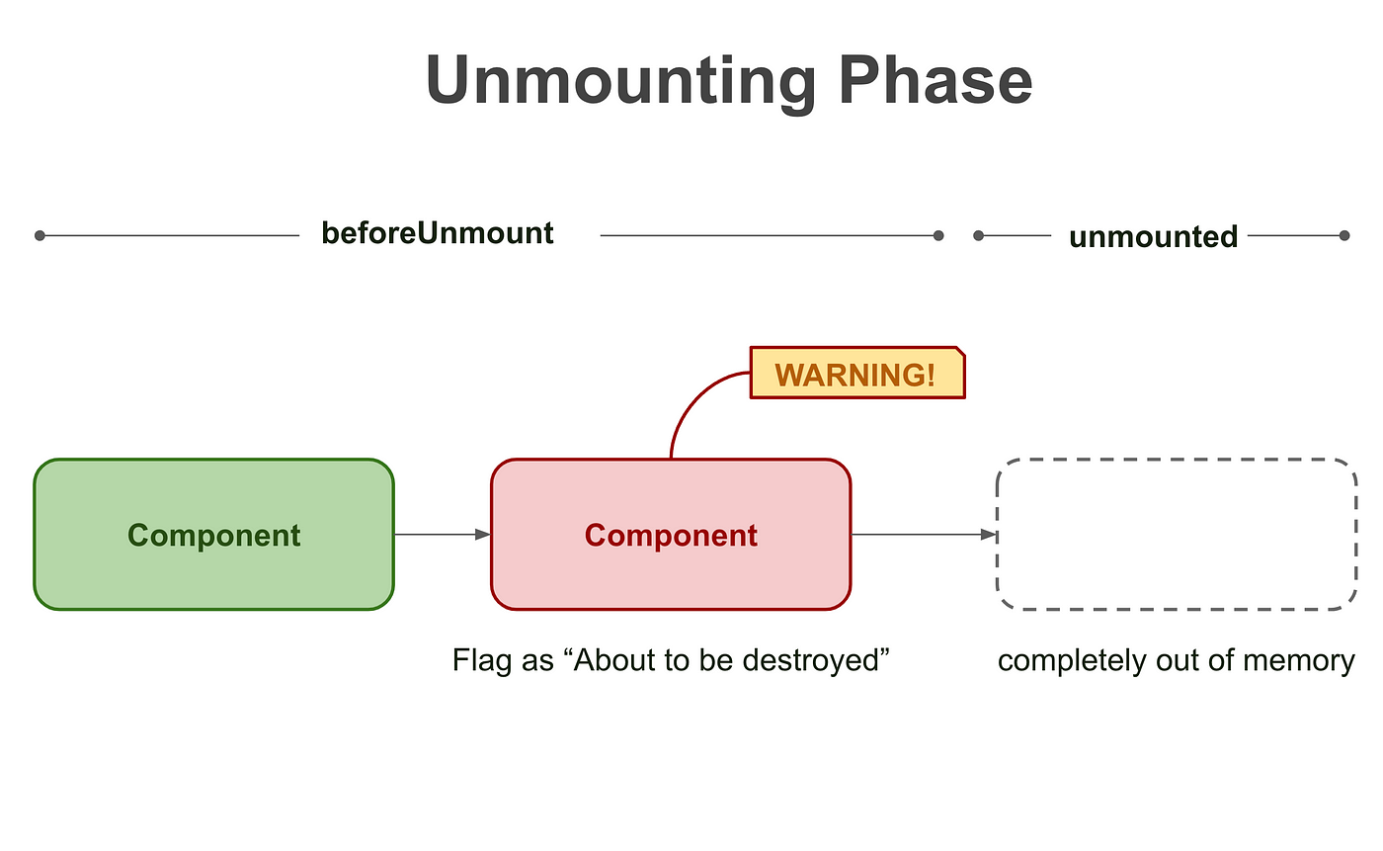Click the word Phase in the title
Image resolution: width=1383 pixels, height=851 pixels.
click(x=936, y=80)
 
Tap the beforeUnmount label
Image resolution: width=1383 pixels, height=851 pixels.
click(x=437, y=233)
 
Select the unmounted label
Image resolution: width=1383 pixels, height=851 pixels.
click(x=1154, y=236)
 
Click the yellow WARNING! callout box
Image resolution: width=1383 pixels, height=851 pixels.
click(x=857, y=373)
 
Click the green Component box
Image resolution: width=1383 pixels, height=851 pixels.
click(x=213, y=534)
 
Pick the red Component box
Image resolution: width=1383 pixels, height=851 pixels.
click(x=671, y=534)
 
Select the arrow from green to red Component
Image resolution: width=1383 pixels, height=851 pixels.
click(x=443, y=534)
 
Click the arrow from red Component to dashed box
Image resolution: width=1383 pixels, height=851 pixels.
click(x=924, y=534)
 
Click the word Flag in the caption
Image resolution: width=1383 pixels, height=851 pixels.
click(x=483, y=660)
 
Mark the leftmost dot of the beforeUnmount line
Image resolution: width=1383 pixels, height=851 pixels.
click(x=40, y=235)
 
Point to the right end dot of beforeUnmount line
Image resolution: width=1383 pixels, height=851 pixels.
click(x=938, y=235)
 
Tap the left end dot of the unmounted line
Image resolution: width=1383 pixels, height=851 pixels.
click(x=978, y=235)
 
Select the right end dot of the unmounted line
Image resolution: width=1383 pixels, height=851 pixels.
click(x=1344, y=235)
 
